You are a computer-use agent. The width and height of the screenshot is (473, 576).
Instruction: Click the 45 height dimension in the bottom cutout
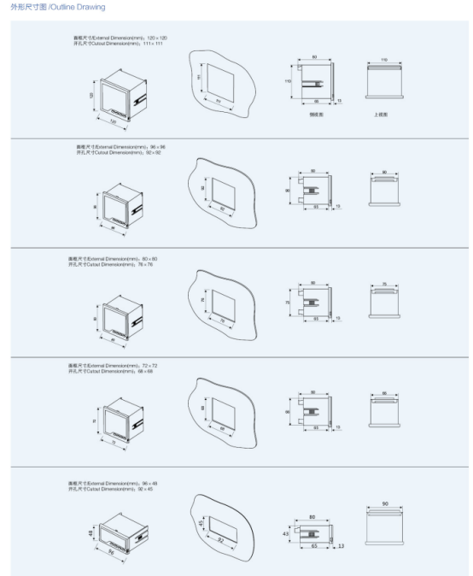point(201,523)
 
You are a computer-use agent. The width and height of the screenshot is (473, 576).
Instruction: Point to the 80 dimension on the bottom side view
point(312,516)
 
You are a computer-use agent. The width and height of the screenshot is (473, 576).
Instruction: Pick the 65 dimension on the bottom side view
point(315,544)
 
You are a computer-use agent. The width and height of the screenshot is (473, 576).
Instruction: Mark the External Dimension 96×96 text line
point(120,146)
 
